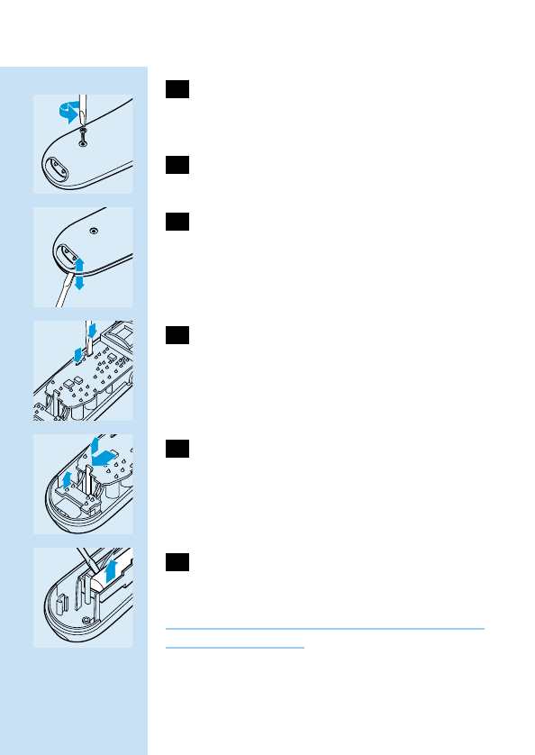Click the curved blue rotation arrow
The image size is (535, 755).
point(66,112)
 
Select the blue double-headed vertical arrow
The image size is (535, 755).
point(78,271)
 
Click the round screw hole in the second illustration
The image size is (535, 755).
point(93,231)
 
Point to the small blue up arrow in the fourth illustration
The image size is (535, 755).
point(65,477)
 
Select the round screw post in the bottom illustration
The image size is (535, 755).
point(88,621)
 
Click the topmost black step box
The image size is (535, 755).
point(177,88)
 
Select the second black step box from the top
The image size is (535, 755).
point(177,165)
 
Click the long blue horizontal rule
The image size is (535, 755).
point(324,629)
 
